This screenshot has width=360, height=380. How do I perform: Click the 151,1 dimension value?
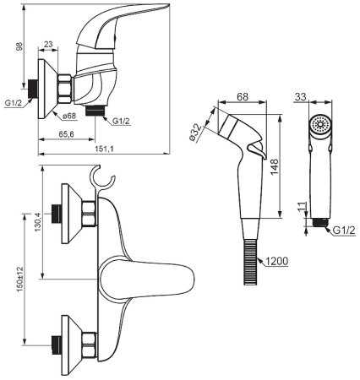(x=104, y=149)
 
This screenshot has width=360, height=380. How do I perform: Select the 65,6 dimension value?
(x=66, y=134)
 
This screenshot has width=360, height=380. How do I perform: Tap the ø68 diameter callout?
(x=69, y=116)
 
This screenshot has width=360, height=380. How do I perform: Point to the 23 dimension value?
(x=48, y=44)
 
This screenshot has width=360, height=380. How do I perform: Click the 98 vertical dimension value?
(x=19, y=46)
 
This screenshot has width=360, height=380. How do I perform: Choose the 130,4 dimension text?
(x=37, y=222)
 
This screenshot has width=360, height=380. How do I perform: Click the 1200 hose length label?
(x=277, y=262)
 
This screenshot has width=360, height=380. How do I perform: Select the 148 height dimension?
(x=274, y=166)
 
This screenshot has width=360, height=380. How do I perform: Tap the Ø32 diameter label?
(x=196, y=133)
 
